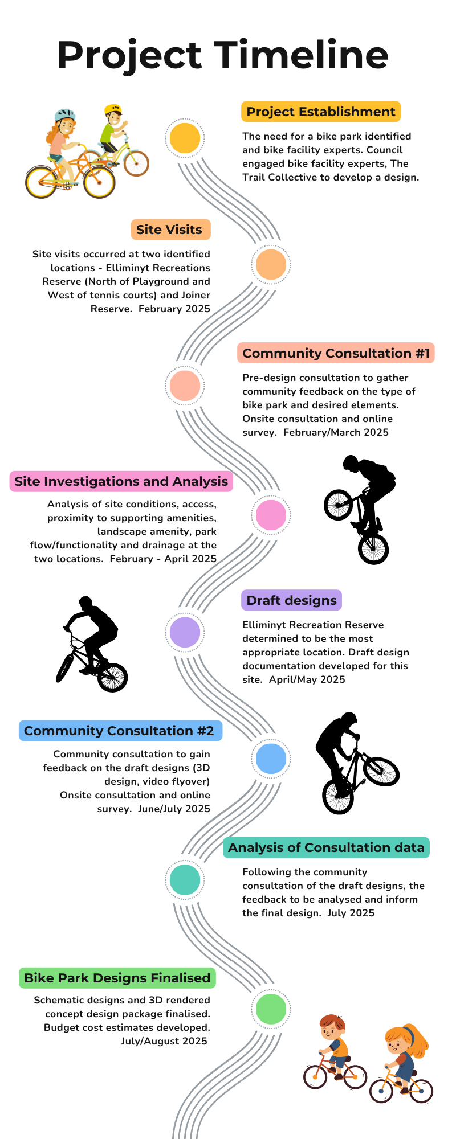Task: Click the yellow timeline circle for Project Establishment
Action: click(185, 138)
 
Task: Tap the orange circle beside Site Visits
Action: click(271, 264)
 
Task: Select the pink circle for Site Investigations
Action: click(271, 514)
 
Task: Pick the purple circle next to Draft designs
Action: click(185, 632)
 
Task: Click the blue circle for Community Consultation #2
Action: click(271, 759)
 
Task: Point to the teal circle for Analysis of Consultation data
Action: click(185, 880)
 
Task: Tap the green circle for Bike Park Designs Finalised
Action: click(271, 1008)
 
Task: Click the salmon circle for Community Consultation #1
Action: click(185, 386)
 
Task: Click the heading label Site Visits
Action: click(169, 230)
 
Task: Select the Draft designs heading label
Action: click(292, 600)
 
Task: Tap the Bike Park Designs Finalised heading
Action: click(117, 978)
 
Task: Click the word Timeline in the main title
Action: click(302, 55)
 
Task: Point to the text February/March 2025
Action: click(336, 432)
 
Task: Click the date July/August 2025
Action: click(164, 1041)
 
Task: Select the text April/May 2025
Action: click(307, 679)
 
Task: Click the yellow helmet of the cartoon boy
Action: click(113, 109)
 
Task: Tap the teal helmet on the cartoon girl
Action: click(65, 115)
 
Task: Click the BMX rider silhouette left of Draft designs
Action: click(91, 644)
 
